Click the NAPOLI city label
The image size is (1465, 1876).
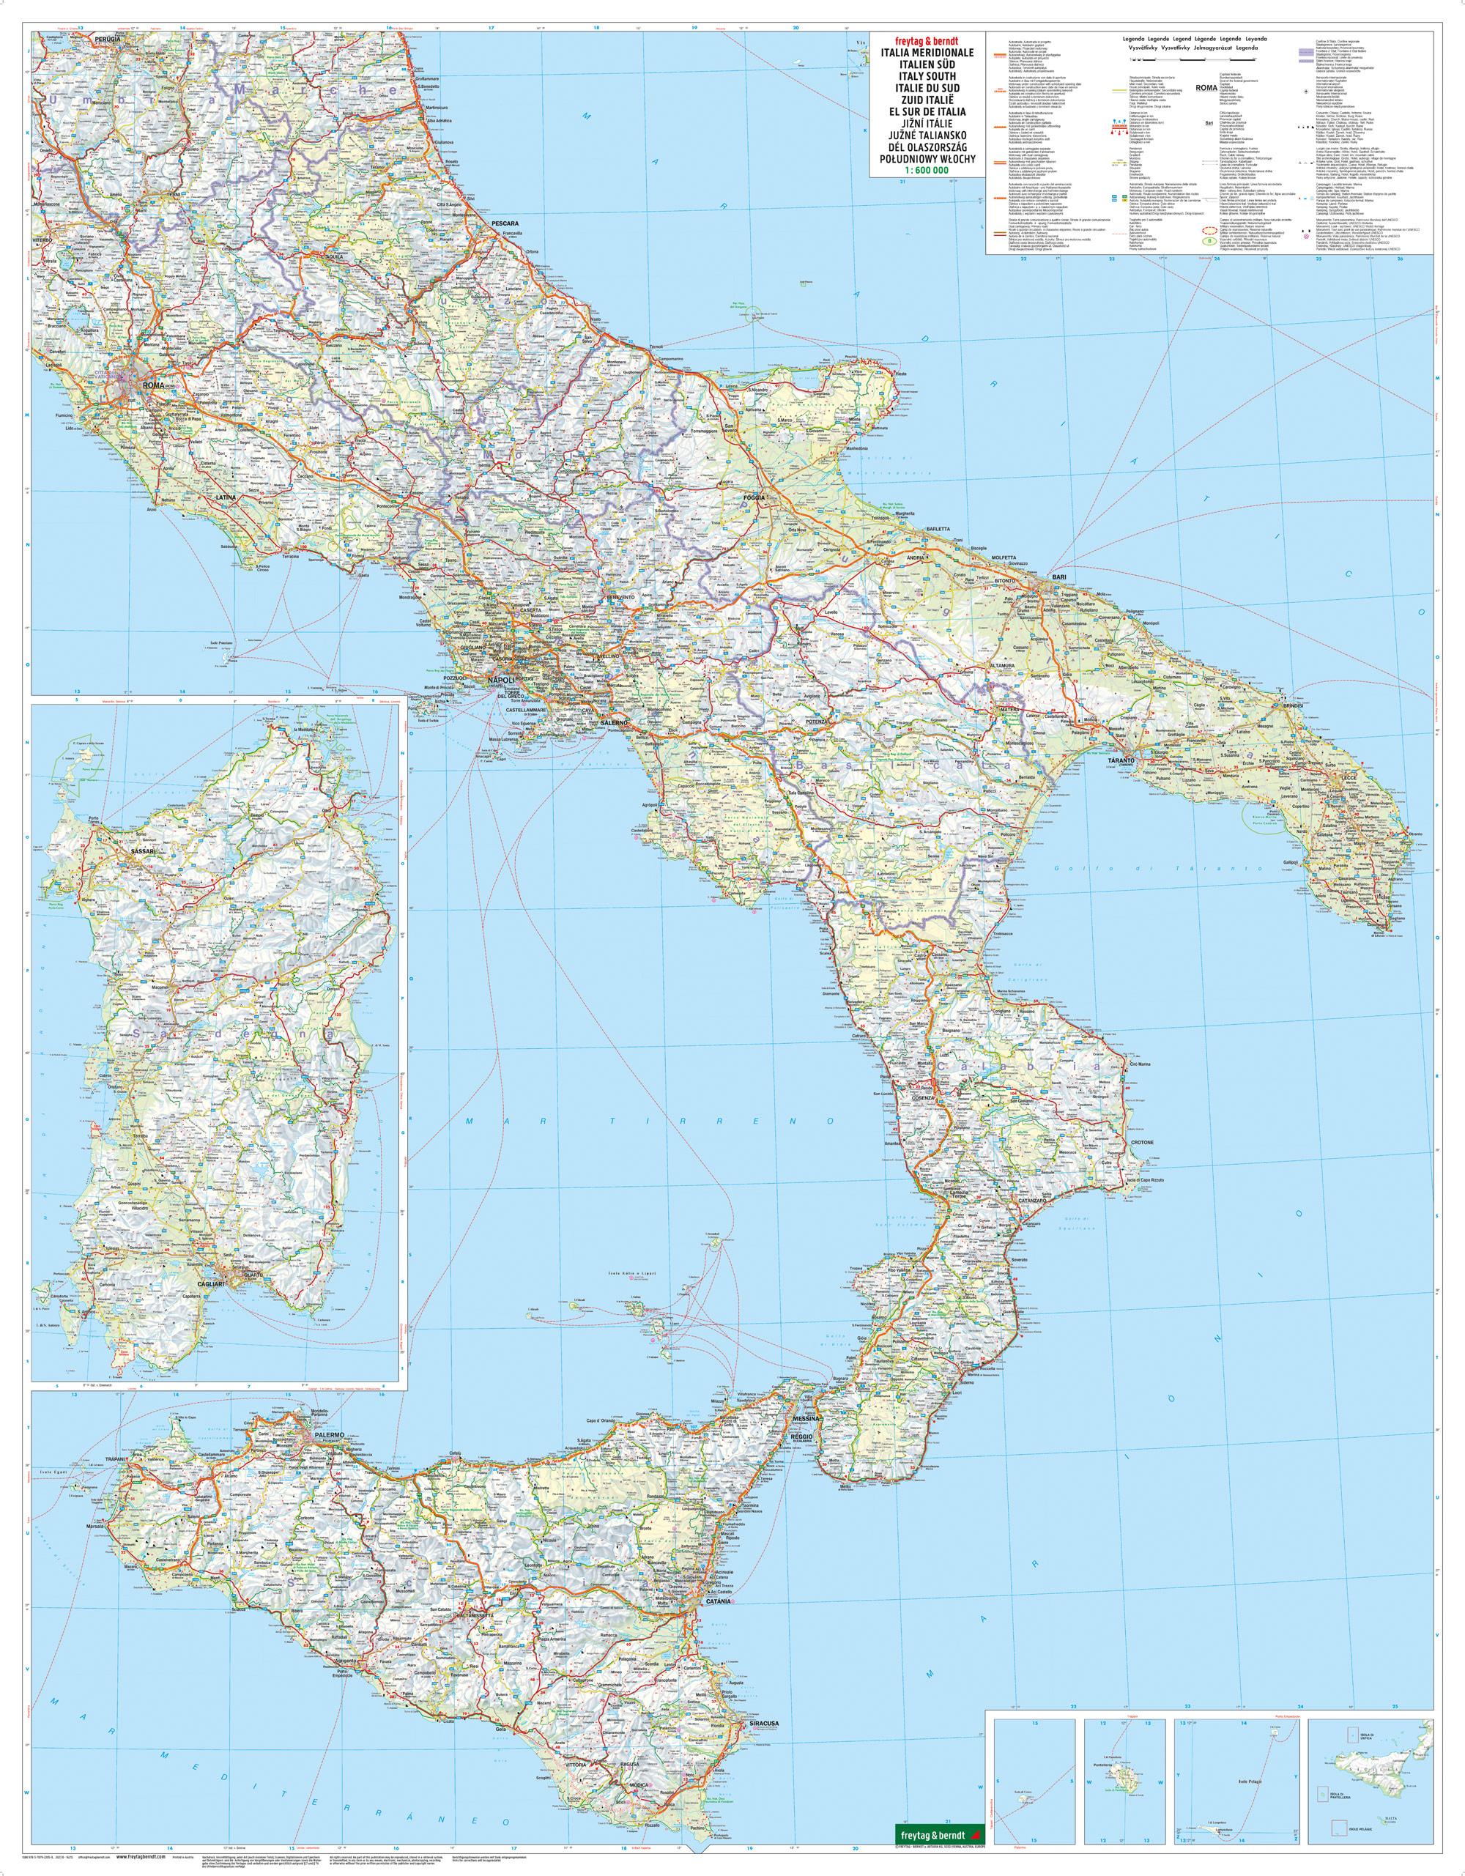[x=500, y=681]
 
